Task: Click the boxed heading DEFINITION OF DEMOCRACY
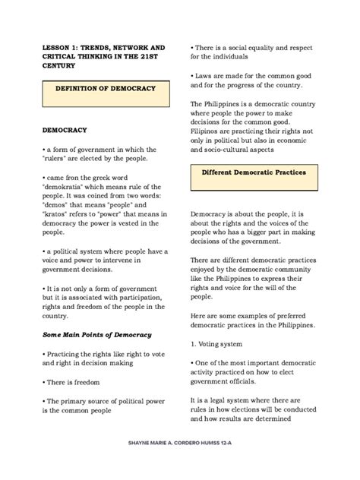tap(105, 88)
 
